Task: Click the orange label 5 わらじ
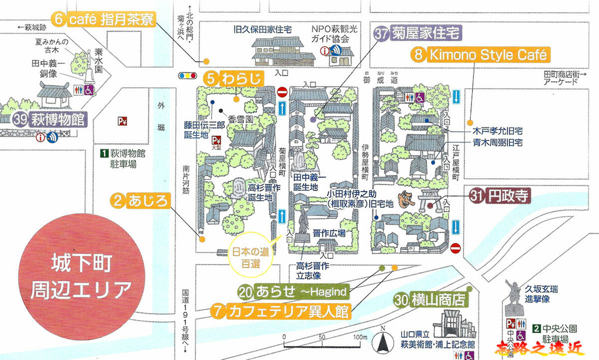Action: (233, 77)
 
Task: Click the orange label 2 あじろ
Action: (140, 201)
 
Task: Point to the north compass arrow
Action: (383, 339)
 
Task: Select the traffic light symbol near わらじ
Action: (187, 76)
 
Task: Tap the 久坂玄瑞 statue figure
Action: (513, 292)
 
